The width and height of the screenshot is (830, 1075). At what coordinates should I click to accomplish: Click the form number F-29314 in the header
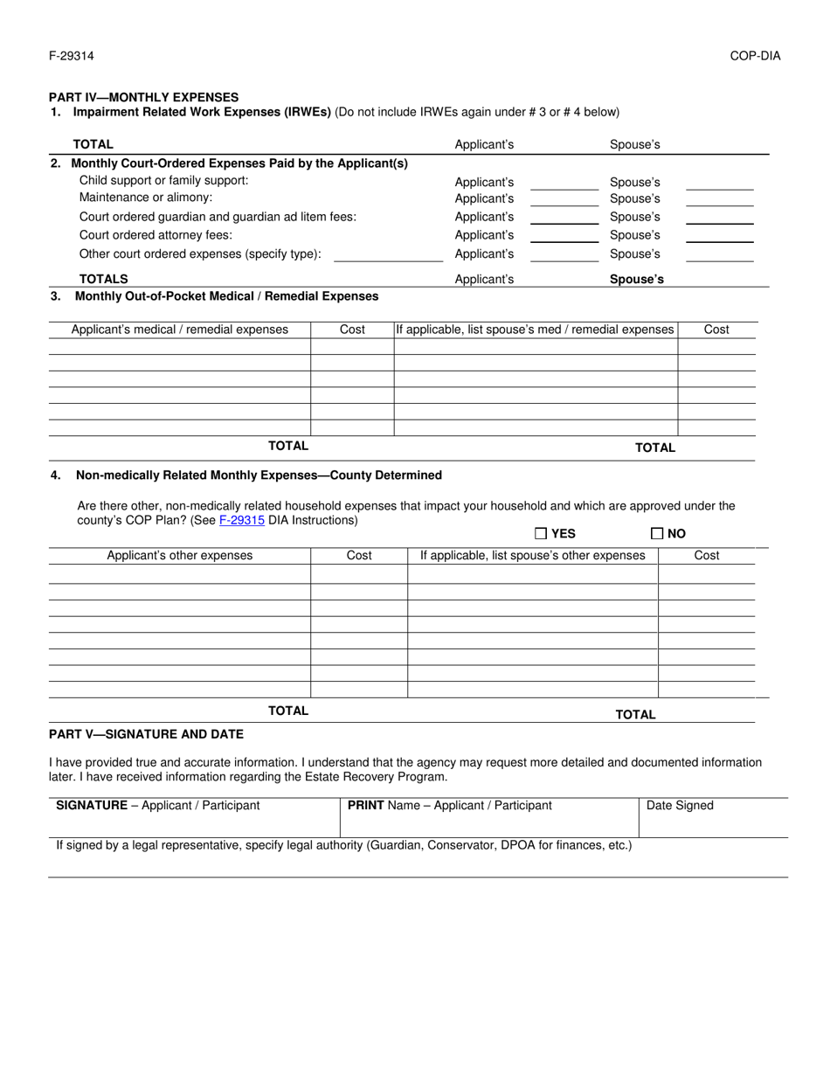click(72, 57)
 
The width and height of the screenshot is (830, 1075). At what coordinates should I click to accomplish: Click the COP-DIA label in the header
click(755, 57)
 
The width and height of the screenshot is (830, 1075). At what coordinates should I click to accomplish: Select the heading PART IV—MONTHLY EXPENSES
click(143, 97)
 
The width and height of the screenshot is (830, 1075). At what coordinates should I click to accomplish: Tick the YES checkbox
click(541, 533)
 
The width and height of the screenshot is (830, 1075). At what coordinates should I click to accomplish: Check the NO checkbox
click(657, 533)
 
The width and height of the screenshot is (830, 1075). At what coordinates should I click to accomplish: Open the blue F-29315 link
click(242, 520)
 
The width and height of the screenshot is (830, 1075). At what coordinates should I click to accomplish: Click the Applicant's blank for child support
click(564, 184)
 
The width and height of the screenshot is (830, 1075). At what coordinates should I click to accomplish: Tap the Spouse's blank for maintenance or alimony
click(719, 200)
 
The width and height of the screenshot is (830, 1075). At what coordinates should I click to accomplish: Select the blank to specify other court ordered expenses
click(389, 255)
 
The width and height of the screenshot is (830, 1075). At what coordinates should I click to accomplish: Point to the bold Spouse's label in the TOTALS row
click(636, 280)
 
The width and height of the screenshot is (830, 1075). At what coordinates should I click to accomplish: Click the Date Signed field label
click(680, 806)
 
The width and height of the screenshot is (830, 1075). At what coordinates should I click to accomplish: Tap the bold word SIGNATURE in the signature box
click(92, 806)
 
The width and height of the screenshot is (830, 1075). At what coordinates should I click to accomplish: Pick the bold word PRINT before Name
click(366, 806)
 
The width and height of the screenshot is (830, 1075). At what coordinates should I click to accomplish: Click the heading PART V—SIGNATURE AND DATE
click(146, 734)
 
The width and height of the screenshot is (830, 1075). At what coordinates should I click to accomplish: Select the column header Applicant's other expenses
click(180, 556)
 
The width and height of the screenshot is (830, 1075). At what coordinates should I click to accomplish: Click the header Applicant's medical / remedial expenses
click(180, 329)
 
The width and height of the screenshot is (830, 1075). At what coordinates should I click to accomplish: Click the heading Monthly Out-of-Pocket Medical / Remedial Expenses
click(227, 296)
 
